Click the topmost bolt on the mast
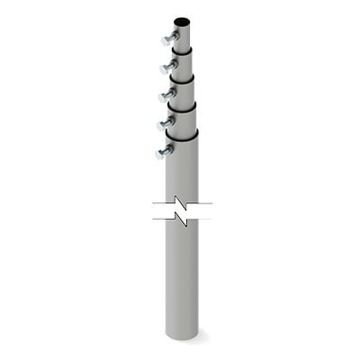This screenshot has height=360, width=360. click(x=168, y=39)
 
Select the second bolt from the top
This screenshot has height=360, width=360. click(x=167, y=67)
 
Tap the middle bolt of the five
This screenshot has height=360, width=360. click(x=167, y=93)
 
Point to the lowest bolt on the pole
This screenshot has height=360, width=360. click(x=164, y=151)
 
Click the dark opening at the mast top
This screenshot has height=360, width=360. click(x=181, y=19)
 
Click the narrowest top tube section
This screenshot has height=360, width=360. click(x=182, y=35)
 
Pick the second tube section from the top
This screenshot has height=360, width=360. click(x=182, y=64)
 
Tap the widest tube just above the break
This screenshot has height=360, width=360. click(x=182, y=171)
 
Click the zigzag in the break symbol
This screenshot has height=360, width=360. click(x=183, y=214)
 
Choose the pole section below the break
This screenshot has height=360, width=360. click(x=182, y=279)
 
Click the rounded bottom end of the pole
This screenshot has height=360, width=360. click(x=182, y=337)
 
